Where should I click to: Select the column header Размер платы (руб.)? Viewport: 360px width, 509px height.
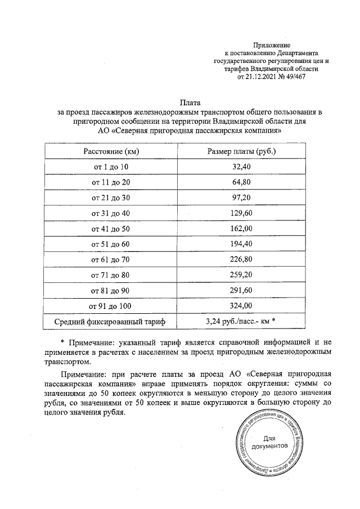pyautogui.click(x=241, y=152)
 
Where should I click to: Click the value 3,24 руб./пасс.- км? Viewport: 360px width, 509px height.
pyautogui.click(x=238, y=321)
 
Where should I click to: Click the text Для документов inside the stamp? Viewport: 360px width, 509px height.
pyautogui.click(x=269, y=442)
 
